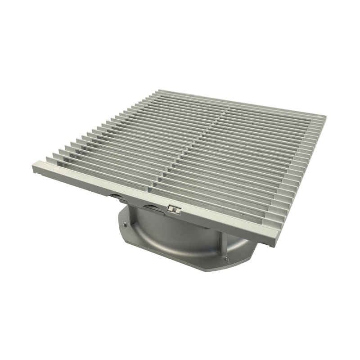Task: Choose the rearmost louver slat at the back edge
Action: click(238, 102)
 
